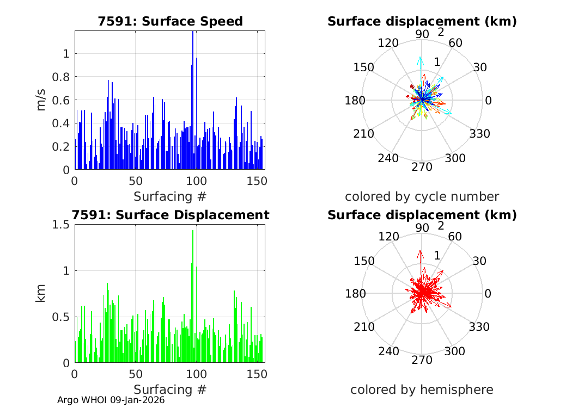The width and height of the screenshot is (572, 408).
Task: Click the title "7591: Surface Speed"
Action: coord(170,21)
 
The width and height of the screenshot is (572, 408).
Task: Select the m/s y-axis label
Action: coord(41,101)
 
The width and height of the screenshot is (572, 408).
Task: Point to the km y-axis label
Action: coord(41,294)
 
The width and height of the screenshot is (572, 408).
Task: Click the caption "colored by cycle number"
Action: coord(422,196)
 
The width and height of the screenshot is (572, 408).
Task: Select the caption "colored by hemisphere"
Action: coord(422,390)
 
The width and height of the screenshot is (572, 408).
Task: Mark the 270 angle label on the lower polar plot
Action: coord(422,360)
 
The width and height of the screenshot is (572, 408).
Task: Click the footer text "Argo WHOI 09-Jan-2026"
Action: coord(111,400)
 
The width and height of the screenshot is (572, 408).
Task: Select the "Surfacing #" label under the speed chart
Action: coord(170,196)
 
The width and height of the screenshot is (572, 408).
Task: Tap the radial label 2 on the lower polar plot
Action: coord(441,226)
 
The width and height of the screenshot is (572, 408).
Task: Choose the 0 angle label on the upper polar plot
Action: coord(488,101)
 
